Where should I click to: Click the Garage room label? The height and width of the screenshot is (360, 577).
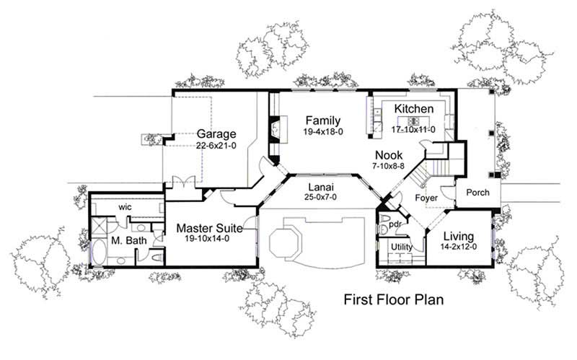pyautogui.click(x=217, y=134)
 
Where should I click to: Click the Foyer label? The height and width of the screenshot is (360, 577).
pyautogui.click(x=428, y=198)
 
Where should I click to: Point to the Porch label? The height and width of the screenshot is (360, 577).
pyautogui.click(x=477, y=193)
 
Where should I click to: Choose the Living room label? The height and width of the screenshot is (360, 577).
pyautogui.click(x=458, y=236)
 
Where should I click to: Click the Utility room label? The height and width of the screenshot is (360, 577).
pyautogui.click(x=402, y=247)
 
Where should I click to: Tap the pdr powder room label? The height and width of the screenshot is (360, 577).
pyautogui.click(x=395, y=224)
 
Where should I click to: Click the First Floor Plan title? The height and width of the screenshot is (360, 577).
pyautogui.click(x=392, y=299)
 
